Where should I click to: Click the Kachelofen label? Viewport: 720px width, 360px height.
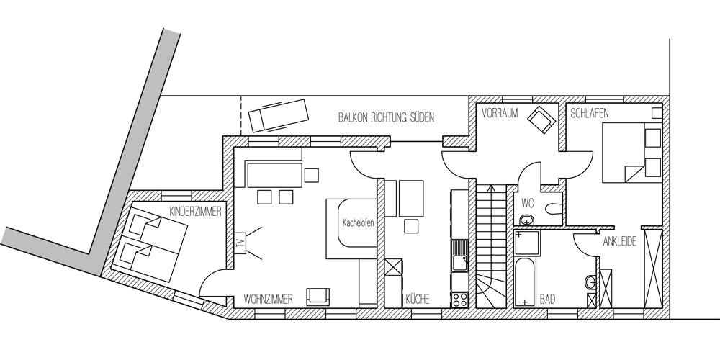pos(358,223)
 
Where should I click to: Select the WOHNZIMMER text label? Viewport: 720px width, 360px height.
pos(268,300)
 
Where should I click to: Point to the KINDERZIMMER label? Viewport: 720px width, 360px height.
pos(196,212)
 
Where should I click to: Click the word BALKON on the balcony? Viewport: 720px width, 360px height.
pos(353,117)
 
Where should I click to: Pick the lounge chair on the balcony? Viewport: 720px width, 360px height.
pos(278,114)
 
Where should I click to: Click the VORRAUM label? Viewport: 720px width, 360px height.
pos(500,113)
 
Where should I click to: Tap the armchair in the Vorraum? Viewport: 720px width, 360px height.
pos(541,120)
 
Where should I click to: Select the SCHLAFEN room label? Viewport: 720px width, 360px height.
pos(590,113)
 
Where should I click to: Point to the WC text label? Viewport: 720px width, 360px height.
pos(528,202)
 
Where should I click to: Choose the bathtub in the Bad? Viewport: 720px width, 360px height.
pos(525,282)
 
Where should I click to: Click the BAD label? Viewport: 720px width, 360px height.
pos(547,300)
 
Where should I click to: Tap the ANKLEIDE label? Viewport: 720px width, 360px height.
pos(620,241)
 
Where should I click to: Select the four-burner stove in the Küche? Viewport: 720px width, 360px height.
pos(459,300)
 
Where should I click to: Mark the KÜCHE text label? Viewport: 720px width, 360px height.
pos(418,300)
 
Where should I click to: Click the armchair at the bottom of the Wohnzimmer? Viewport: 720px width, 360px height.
pos(318,296)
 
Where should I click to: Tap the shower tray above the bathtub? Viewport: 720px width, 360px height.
pos(526,243)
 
